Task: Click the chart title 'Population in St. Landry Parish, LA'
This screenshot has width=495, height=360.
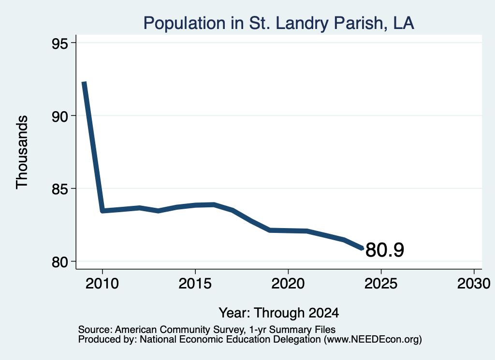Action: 278,23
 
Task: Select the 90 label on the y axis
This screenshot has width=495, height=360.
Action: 59,116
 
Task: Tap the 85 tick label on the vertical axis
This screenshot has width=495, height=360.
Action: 59,189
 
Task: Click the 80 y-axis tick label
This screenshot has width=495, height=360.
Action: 59,262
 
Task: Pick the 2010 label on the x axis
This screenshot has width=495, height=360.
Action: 102,283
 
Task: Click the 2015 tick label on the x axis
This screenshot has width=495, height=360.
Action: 195,283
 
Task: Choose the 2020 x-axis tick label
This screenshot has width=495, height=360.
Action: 288,283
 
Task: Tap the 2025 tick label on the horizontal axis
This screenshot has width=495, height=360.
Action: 381,283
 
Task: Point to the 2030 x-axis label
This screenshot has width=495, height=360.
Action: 474,283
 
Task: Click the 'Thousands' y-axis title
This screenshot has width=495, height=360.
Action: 22,152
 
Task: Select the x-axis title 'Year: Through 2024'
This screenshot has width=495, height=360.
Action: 279,313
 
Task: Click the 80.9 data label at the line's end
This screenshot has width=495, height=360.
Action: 385,250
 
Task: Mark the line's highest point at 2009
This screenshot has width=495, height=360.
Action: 84,82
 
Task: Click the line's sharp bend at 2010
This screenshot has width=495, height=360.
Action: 102,211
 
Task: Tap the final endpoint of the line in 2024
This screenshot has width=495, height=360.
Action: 362,248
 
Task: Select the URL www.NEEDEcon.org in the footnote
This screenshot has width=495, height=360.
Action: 373,339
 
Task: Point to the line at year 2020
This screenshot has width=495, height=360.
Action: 288,230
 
